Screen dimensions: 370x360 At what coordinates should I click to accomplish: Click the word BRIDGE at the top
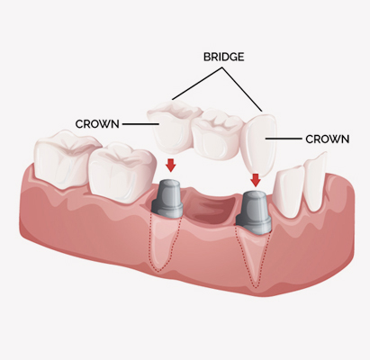click(223, 57)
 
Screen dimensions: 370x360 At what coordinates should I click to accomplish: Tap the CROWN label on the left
click(97, 124)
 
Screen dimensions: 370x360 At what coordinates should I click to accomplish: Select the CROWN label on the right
click(328, 139)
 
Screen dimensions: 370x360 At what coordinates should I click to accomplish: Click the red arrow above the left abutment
click(171, 166)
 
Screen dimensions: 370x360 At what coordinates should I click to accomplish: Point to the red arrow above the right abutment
click(256, 180)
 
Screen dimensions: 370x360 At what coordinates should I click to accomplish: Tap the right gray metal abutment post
click(254, 212)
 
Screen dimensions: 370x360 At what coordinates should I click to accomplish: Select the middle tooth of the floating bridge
click(218, 136)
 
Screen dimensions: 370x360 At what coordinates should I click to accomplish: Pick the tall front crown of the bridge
click(259, 144)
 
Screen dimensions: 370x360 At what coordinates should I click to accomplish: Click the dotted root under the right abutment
click(254, 257)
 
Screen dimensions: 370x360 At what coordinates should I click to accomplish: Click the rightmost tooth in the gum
click(316, 182)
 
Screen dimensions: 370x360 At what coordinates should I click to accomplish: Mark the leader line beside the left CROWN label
click(140, 124)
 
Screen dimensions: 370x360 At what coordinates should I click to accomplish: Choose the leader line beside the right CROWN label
click(284, 139)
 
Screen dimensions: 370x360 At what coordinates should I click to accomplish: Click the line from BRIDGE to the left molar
click(197, 84)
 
